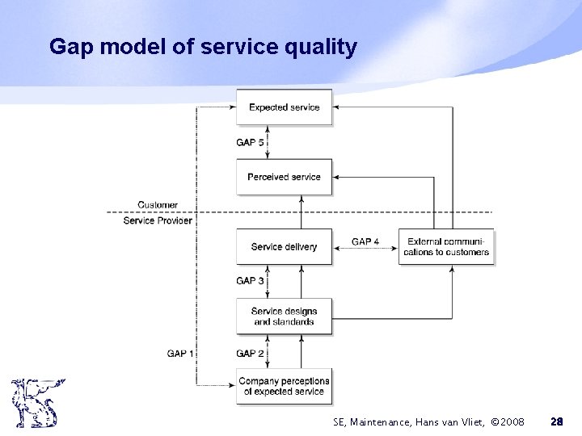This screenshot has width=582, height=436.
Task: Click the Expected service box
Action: [284, 107]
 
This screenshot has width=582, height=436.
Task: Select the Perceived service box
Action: [284, 177]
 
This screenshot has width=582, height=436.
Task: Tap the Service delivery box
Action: [284, 246]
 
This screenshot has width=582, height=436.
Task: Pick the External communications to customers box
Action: [447, 246]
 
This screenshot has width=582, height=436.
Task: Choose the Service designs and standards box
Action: [284, 317]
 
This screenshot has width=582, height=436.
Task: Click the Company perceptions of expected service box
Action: [284, 386]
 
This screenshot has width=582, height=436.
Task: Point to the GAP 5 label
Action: [250, 142]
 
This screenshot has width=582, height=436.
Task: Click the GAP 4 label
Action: [366, 241]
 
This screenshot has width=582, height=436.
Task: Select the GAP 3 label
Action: [250, 281]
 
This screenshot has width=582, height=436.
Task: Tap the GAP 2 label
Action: [250, 353]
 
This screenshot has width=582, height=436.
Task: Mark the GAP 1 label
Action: [180, 353]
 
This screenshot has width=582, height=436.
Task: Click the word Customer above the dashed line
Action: [158, 205]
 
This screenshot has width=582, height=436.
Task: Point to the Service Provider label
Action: [158, 220]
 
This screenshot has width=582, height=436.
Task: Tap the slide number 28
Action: [556, 421]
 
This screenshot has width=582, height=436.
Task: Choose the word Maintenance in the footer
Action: [376, 421]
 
